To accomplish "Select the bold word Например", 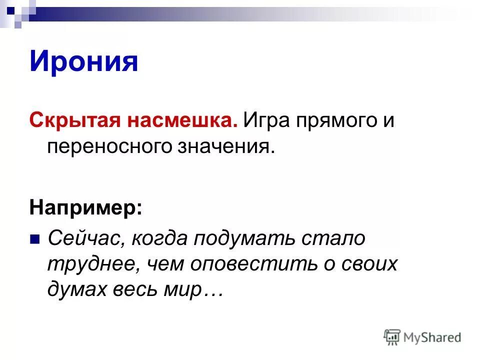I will [85, 208].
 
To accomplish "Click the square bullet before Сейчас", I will [35, 239].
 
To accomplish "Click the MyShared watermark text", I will [433, 337].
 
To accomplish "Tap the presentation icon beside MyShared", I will [392, 337].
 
